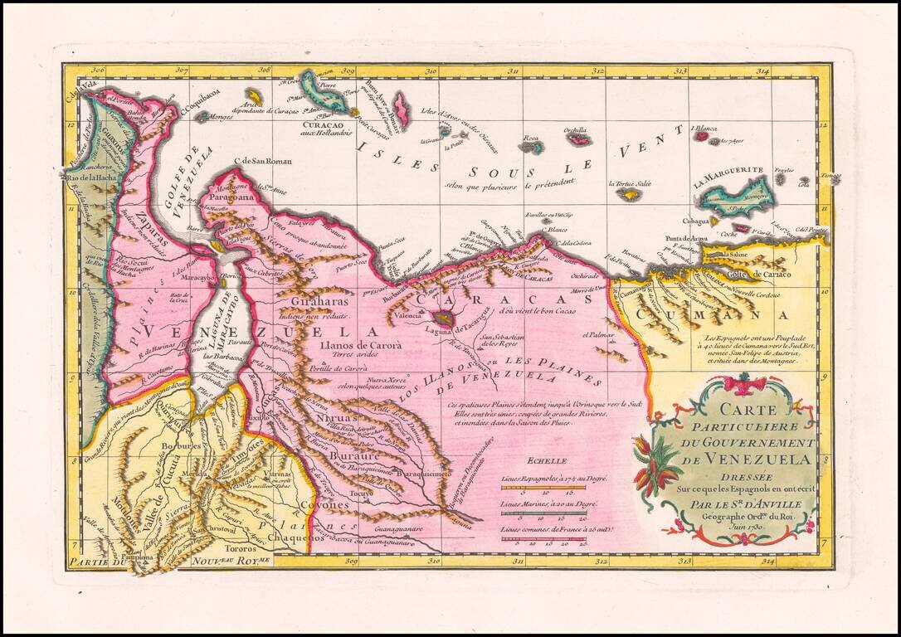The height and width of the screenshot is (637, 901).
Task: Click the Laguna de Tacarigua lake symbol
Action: click(443, 318)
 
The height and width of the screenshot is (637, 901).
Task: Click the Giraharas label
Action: click(326, 304)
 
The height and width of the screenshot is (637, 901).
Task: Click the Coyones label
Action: click(320, 504)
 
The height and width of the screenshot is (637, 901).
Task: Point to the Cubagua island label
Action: click(694, 221)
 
